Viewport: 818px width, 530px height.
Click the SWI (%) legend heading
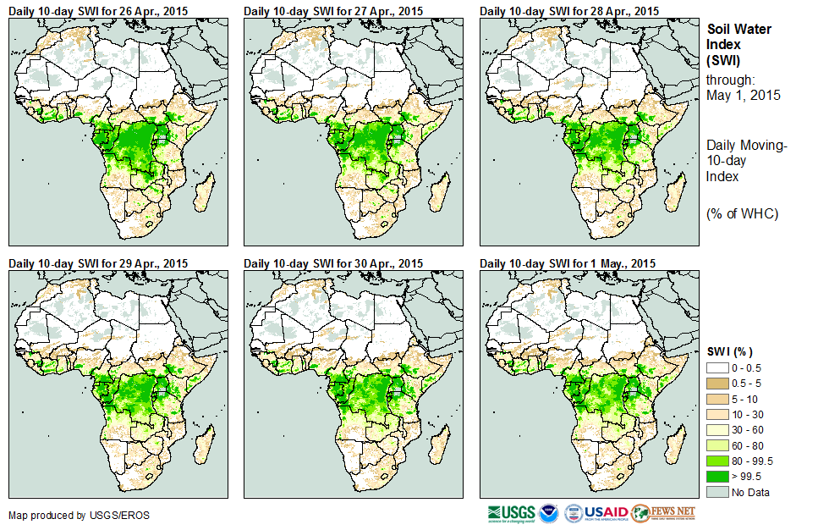pos(729,351)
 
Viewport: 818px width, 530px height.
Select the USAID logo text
pos(606,513)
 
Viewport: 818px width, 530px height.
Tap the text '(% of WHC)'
pos(742,213)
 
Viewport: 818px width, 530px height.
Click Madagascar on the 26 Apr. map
pos(206,194)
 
